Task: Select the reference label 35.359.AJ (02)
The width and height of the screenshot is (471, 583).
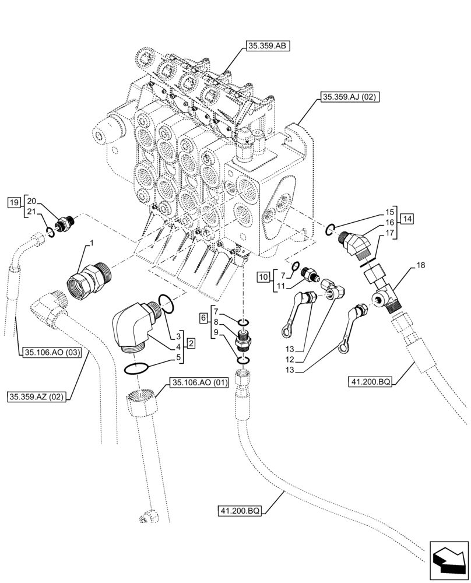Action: click(349, 98)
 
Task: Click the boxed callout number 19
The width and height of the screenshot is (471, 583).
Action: click(13, 202)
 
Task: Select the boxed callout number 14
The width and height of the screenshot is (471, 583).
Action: click(407, 219)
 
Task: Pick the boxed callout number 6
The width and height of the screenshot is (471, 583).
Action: click(203, 318)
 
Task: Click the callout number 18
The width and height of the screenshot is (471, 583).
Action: click(421, 265)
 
